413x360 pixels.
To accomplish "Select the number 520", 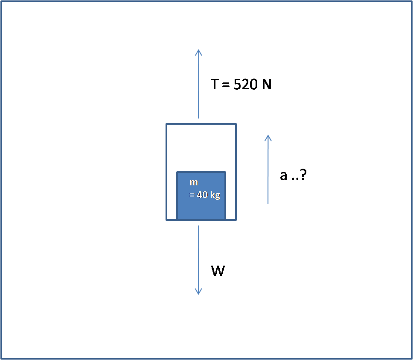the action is [246, 85].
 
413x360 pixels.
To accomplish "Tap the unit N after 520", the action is [267, 85].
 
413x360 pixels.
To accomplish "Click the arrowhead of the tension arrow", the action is [198, 52].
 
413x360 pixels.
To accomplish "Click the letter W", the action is [218, 271].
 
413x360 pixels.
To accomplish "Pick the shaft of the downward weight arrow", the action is [198, 256].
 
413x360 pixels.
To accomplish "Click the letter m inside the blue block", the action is [194, 183].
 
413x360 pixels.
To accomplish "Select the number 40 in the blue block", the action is [202, 195].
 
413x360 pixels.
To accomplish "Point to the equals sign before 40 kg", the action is [192, 195].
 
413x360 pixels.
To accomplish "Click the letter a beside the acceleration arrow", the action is [284, 176].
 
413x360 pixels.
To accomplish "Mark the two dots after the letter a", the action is [294, 179].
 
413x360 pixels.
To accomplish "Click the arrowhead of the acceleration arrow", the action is [268, 138].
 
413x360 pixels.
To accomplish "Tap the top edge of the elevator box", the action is [201, 124].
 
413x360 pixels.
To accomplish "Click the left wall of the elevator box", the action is [166, 171].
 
